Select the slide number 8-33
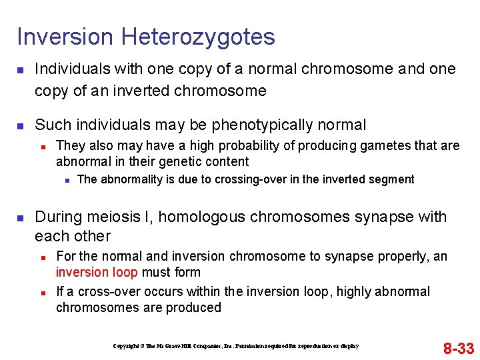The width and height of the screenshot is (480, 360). (x=459, y=348)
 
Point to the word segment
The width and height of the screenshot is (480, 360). (x=393, y=179)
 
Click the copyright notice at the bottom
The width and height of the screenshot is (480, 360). (x=235, y=346)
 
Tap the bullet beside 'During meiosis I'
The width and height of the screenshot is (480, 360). (x=20, y=217)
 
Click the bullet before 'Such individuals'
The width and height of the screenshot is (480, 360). (x=20, y=125)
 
